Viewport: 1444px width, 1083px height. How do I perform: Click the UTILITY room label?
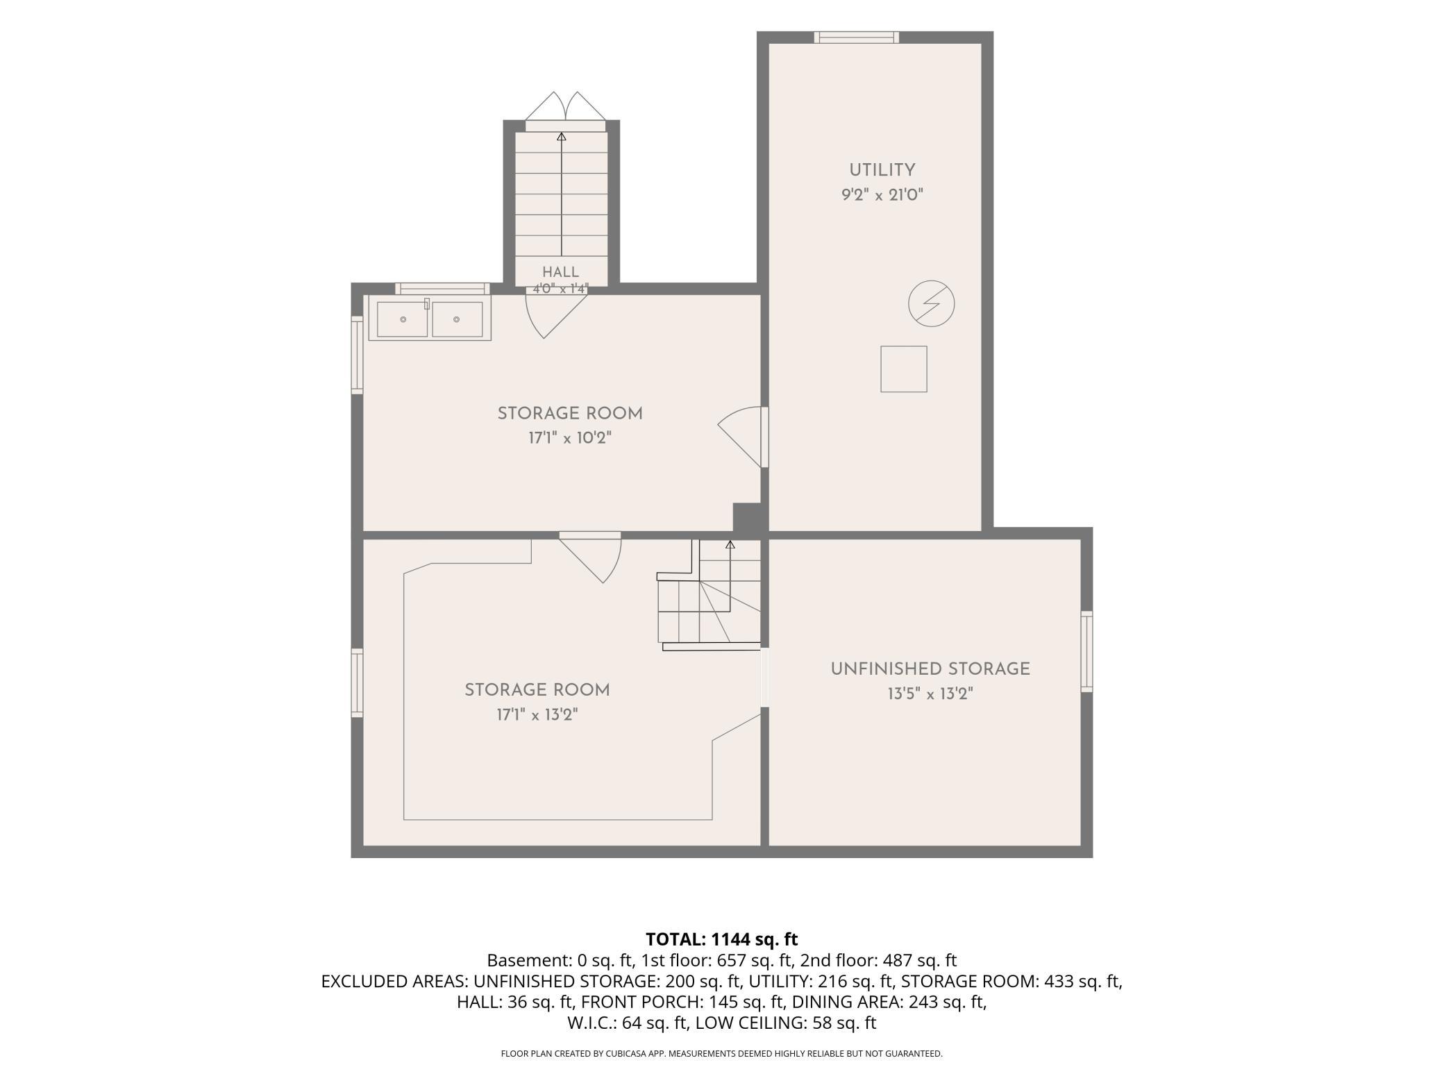tap(882, 170)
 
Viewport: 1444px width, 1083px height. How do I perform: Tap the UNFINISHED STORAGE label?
tap(930, 669)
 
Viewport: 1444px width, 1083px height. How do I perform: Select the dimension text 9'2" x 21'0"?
tap(882, 195)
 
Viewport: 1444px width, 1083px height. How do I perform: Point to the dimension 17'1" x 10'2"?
tap(570, 438)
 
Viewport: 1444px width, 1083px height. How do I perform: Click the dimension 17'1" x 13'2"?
tap(537, 715)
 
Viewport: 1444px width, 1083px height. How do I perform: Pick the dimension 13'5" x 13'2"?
tap(930, 694)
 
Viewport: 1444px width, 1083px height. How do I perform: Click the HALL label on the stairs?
tap(561, 272)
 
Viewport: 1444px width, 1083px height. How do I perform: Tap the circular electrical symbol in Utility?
tap(932, 303)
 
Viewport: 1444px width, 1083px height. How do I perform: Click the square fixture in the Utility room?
tap(904, 369)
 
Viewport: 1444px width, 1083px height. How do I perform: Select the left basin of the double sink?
tap(403, 319)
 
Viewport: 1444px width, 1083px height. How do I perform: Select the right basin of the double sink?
tap(457, 319)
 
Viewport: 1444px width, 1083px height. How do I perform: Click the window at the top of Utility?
tap(857, 37)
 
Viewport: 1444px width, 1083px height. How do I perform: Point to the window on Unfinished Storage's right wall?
tap(1086, 651)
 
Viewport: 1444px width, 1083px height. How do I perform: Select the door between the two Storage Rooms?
tap(591, 557)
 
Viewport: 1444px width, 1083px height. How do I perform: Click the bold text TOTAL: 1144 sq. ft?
tap(722, 939)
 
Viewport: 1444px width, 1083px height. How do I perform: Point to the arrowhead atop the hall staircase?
tap(562, 137)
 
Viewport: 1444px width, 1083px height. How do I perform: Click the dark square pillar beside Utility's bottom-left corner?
tap(747, 518)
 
